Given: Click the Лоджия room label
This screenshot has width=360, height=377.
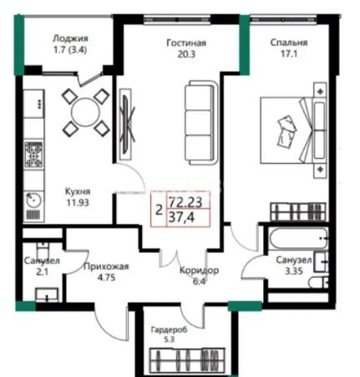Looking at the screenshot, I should click(70, 38).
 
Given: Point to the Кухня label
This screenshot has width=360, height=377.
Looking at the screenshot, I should click(79, 191).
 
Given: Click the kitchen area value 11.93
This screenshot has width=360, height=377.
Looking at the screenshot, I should click(79, 201).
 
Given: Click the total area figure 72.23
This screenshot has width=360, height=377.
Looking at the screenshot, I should click(184, 202).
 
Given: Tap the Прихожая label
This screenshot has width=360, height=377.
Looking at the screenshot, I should click(106, 268).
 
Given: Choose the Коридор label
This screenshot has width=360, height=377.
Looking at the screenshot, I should click(199, 270).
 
